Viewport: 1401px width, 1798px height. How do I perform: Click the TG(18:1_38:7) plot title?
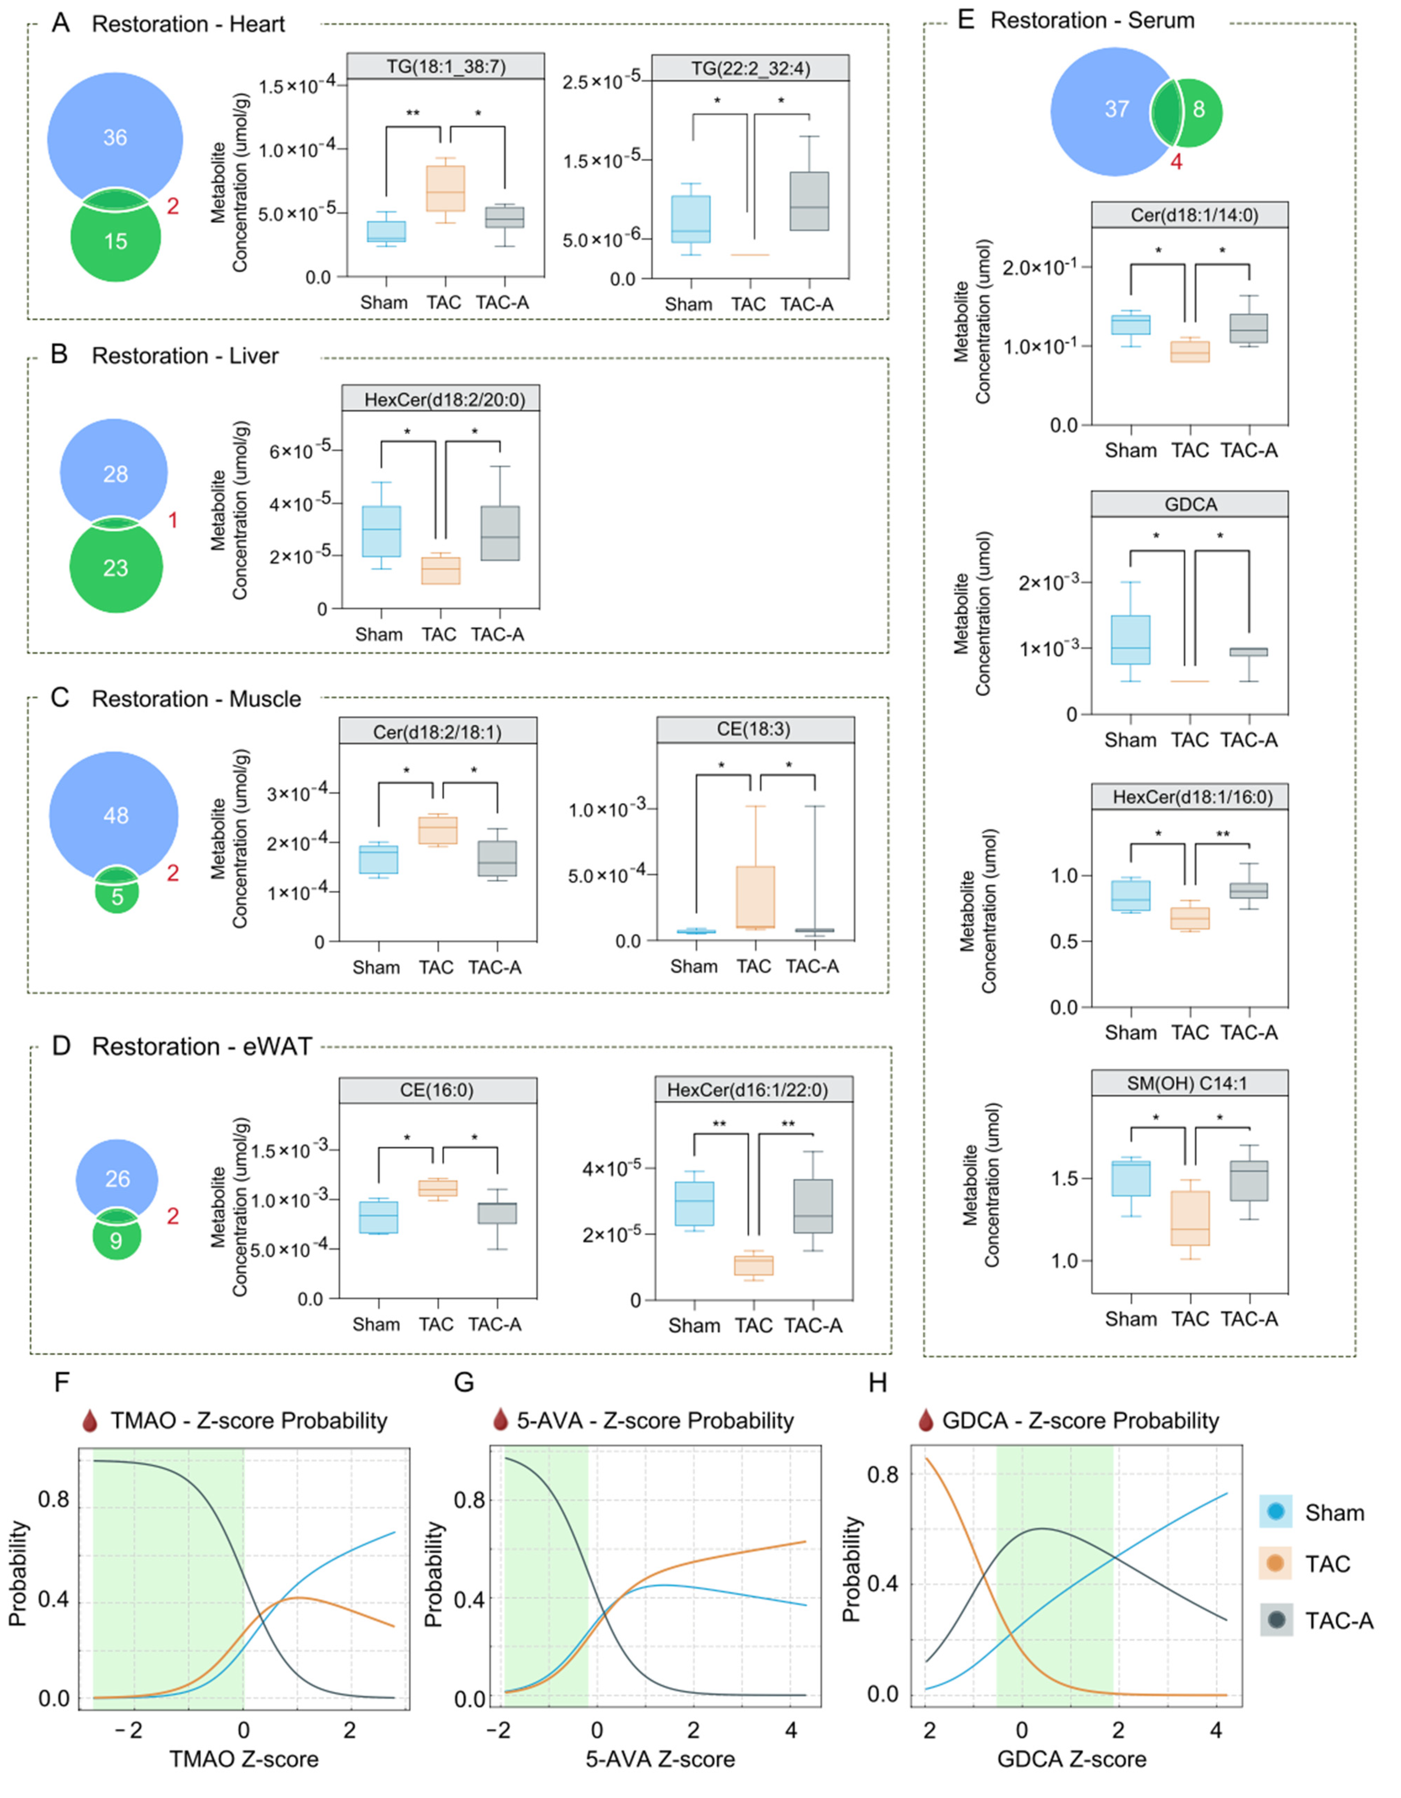tap(445, 67)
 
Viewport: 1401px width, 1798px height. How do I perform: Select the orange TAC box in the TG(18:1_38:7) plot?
tap(444, 189)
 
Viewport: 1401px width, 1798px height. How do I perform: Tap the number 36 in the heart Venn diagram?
tap(115, 138)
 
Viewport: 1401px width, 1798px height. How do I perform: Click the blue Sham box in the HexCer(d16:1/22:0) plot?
tap(695, 1204)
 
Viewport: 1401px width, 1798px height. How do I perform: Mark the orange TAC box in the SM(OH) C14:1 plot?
tap(1190, 1217)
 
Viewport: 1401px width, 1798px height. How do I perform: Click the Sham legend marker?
tap(1276, 1512)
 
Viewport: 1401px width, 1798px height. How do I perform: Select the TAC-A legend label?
tap(1339, 1621)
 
